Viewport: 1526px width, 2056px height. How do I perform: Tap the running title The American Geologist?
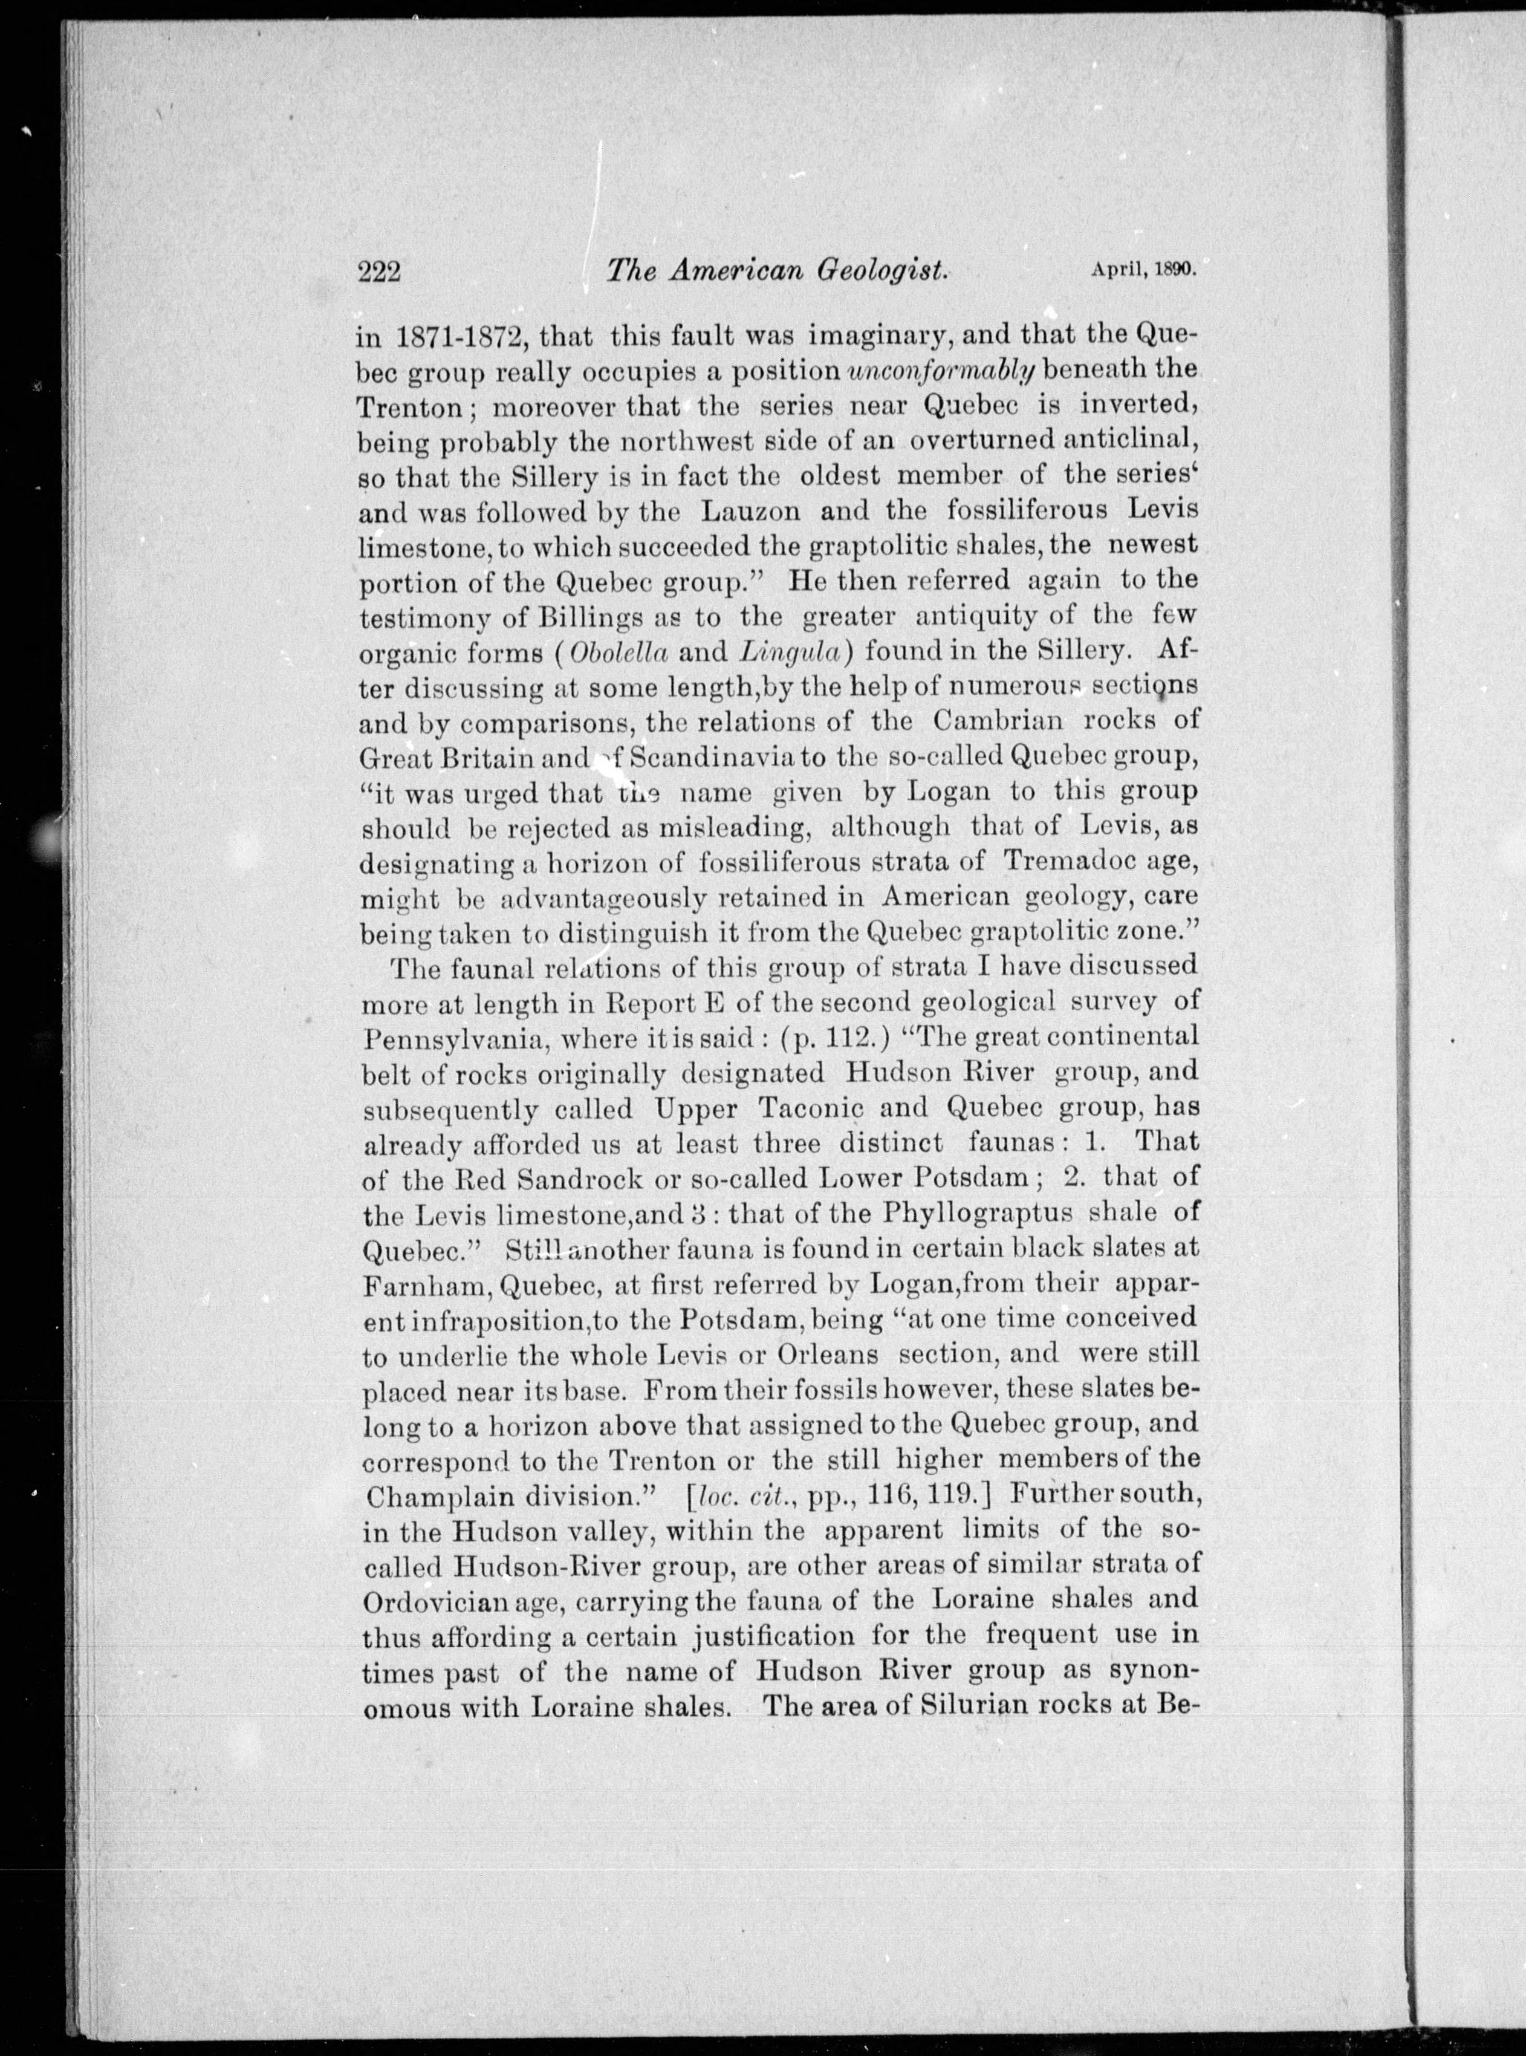coord(778,271)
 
